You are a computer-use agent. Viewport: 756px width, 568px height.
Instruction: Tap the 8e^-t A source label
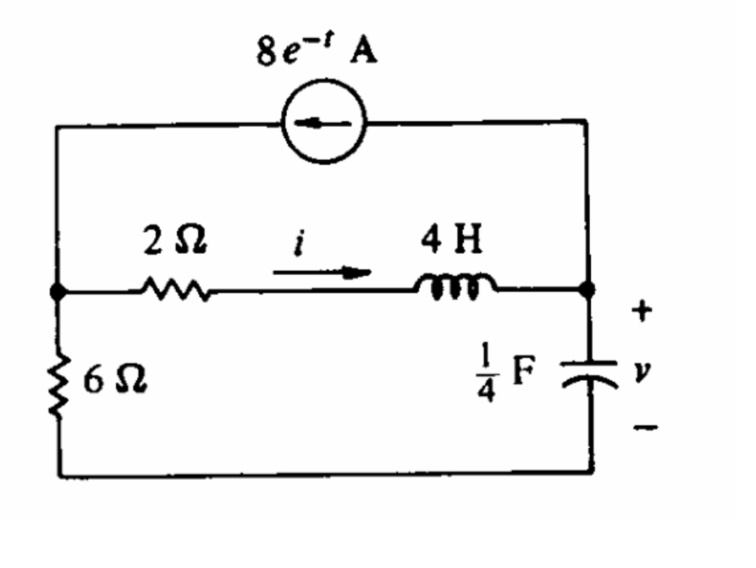click(x=317, y=52)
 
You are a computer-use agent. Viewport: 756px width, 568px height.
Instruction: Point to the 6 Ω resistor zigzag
click(x=58, y=385)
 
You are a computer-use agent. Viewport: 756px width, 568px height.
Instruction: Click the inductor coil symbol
click(x=455, y=287)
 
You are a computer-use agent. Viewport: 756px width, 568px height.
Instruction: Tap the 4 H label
click(x=454, y=242)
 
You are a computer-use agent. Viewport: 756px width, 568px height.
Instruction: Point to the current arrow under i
click(x=322, y=273)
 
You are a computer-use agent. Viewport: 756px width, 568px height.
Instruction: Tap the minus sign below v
click(x=644, y=429)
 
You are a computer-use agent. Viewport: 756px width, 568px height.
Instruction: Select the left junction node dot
click(x=58, y=290)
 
